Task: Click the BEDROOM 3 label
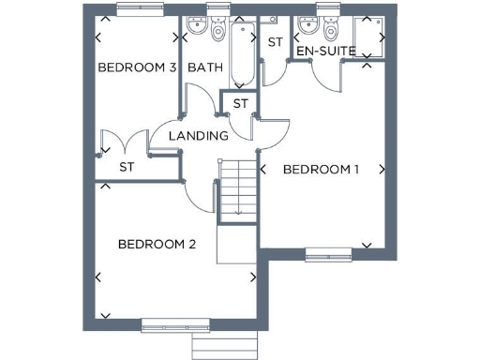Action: click(138, 67)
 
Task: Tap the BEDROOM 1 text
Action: click(322, 170)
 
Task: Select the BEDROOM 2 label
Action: click(157, 245)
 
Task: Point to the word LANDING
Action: click(199, 136)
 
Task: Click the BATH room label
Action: click(204, 67)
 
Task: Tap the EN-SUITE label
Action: click(325, 51)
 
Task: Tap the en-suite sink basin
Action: click(307, 28)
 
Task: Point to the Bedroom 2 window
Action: click(175, 327)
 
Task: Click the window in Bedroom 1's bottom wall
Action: click(328, 252)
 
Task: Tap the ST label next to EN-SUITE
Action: click(276, 42)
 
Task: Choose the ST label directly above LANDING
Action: click(240, 103)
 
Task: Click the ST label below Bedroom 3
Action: click(127, 167)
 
